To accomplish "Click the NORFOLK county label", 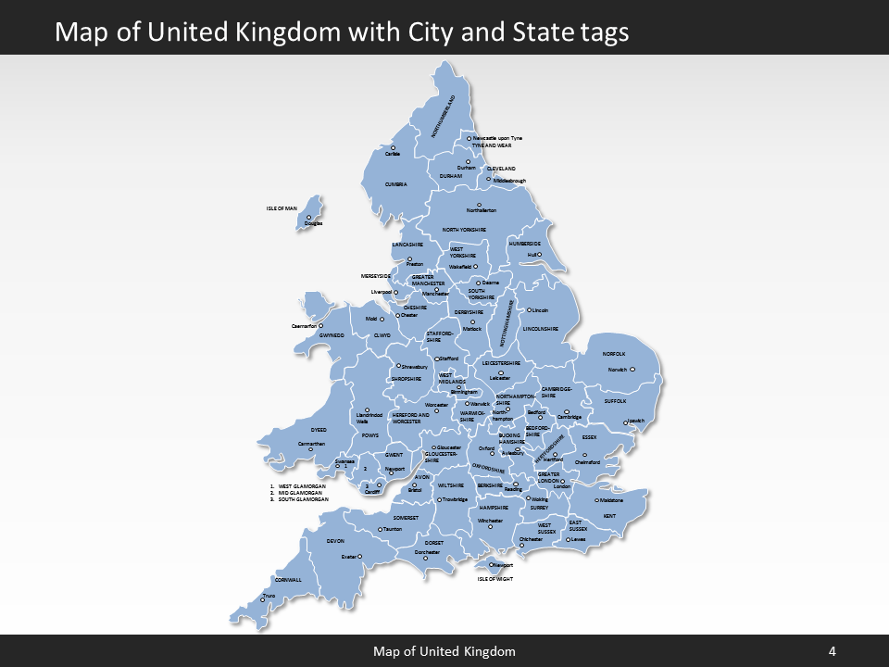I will (614, 354).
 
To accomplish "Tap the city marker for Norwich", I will (634, 370).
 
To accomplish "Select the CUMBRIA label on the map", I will (396, 184).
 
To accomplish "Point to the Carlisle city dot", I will (393, 147).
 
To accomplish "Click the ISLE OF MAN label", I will (282, 209).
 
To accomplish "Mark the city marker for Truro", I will (264, 599).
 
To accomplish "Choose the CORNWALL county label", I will (288, 580).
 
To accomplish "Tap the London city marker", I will (562, 481).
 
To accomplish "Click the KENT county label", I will (609, 516).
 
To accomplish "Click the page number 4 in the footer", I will (832, 651).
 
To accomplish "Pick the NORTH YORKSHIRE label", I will (464, 229).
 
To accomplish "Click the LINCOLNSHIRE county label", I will (541, 329).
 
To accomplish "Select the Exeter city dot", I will (360, 557).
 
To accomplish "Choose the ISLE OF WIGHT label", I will (495, 579).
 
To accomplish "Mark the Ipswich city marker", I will (629, 423).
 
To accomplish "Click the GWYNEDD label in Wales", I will (332, 335).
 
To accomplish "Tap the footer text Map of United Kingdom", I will (444, 651).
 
